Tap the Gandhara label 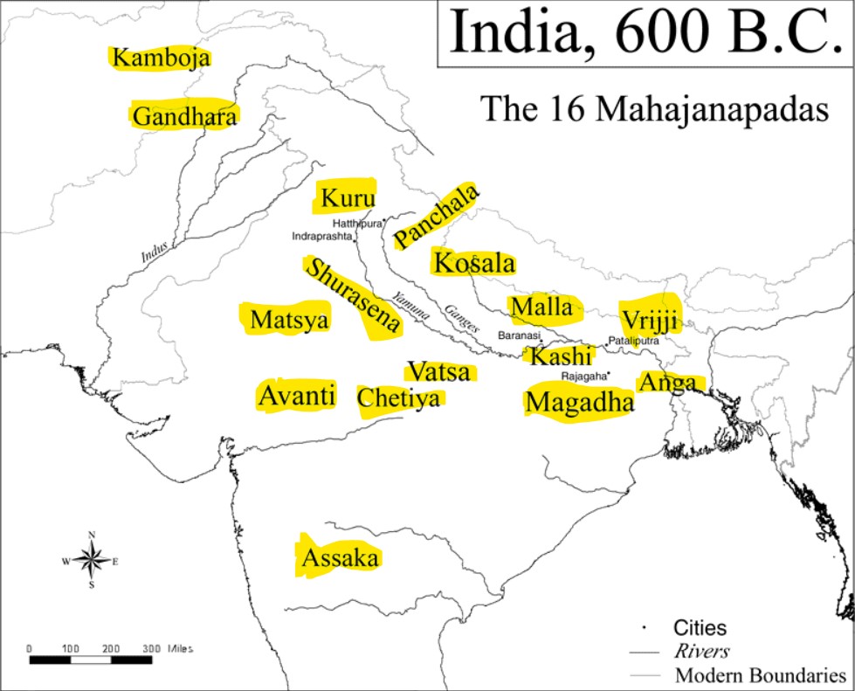pos(184,116)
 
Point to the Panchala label pos(436,216)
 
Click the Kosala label pos(474,263)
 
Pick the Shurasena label pos(352,298)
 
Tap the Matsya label pos(289,320)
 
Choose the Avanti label pos(296,396)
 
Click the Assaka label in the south pos(340,559)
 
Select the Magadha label pos(578,403)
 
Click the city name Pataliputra pos(633,341)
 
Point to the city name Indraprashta pos(322,236)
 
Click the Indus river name pos(154,252)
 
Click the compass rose pos(91,560)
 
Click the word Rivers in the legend pos(701,651)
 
